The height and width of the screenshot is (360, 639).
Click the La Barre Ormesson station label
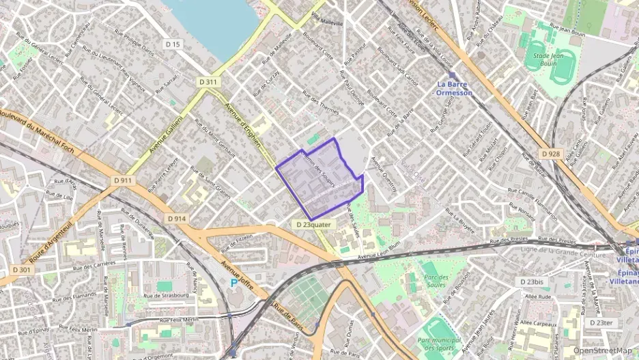click(454, 88)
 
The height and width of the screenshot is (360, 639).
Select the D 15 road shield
click(173, 44)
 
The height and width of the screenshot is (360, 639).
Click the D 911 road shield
click(122, 180)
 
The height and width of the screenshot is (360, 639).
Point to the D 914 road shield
click(177, 219)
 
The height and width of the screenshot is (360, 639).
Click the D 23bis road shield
click(530, 282)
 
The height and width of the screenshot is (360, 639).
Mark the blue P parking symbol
click(234, 281)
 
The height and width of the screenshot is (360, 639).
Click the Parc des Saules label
click(440, 281)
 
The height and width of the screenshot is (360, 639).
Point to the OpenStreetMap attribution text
click(602, 350)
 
